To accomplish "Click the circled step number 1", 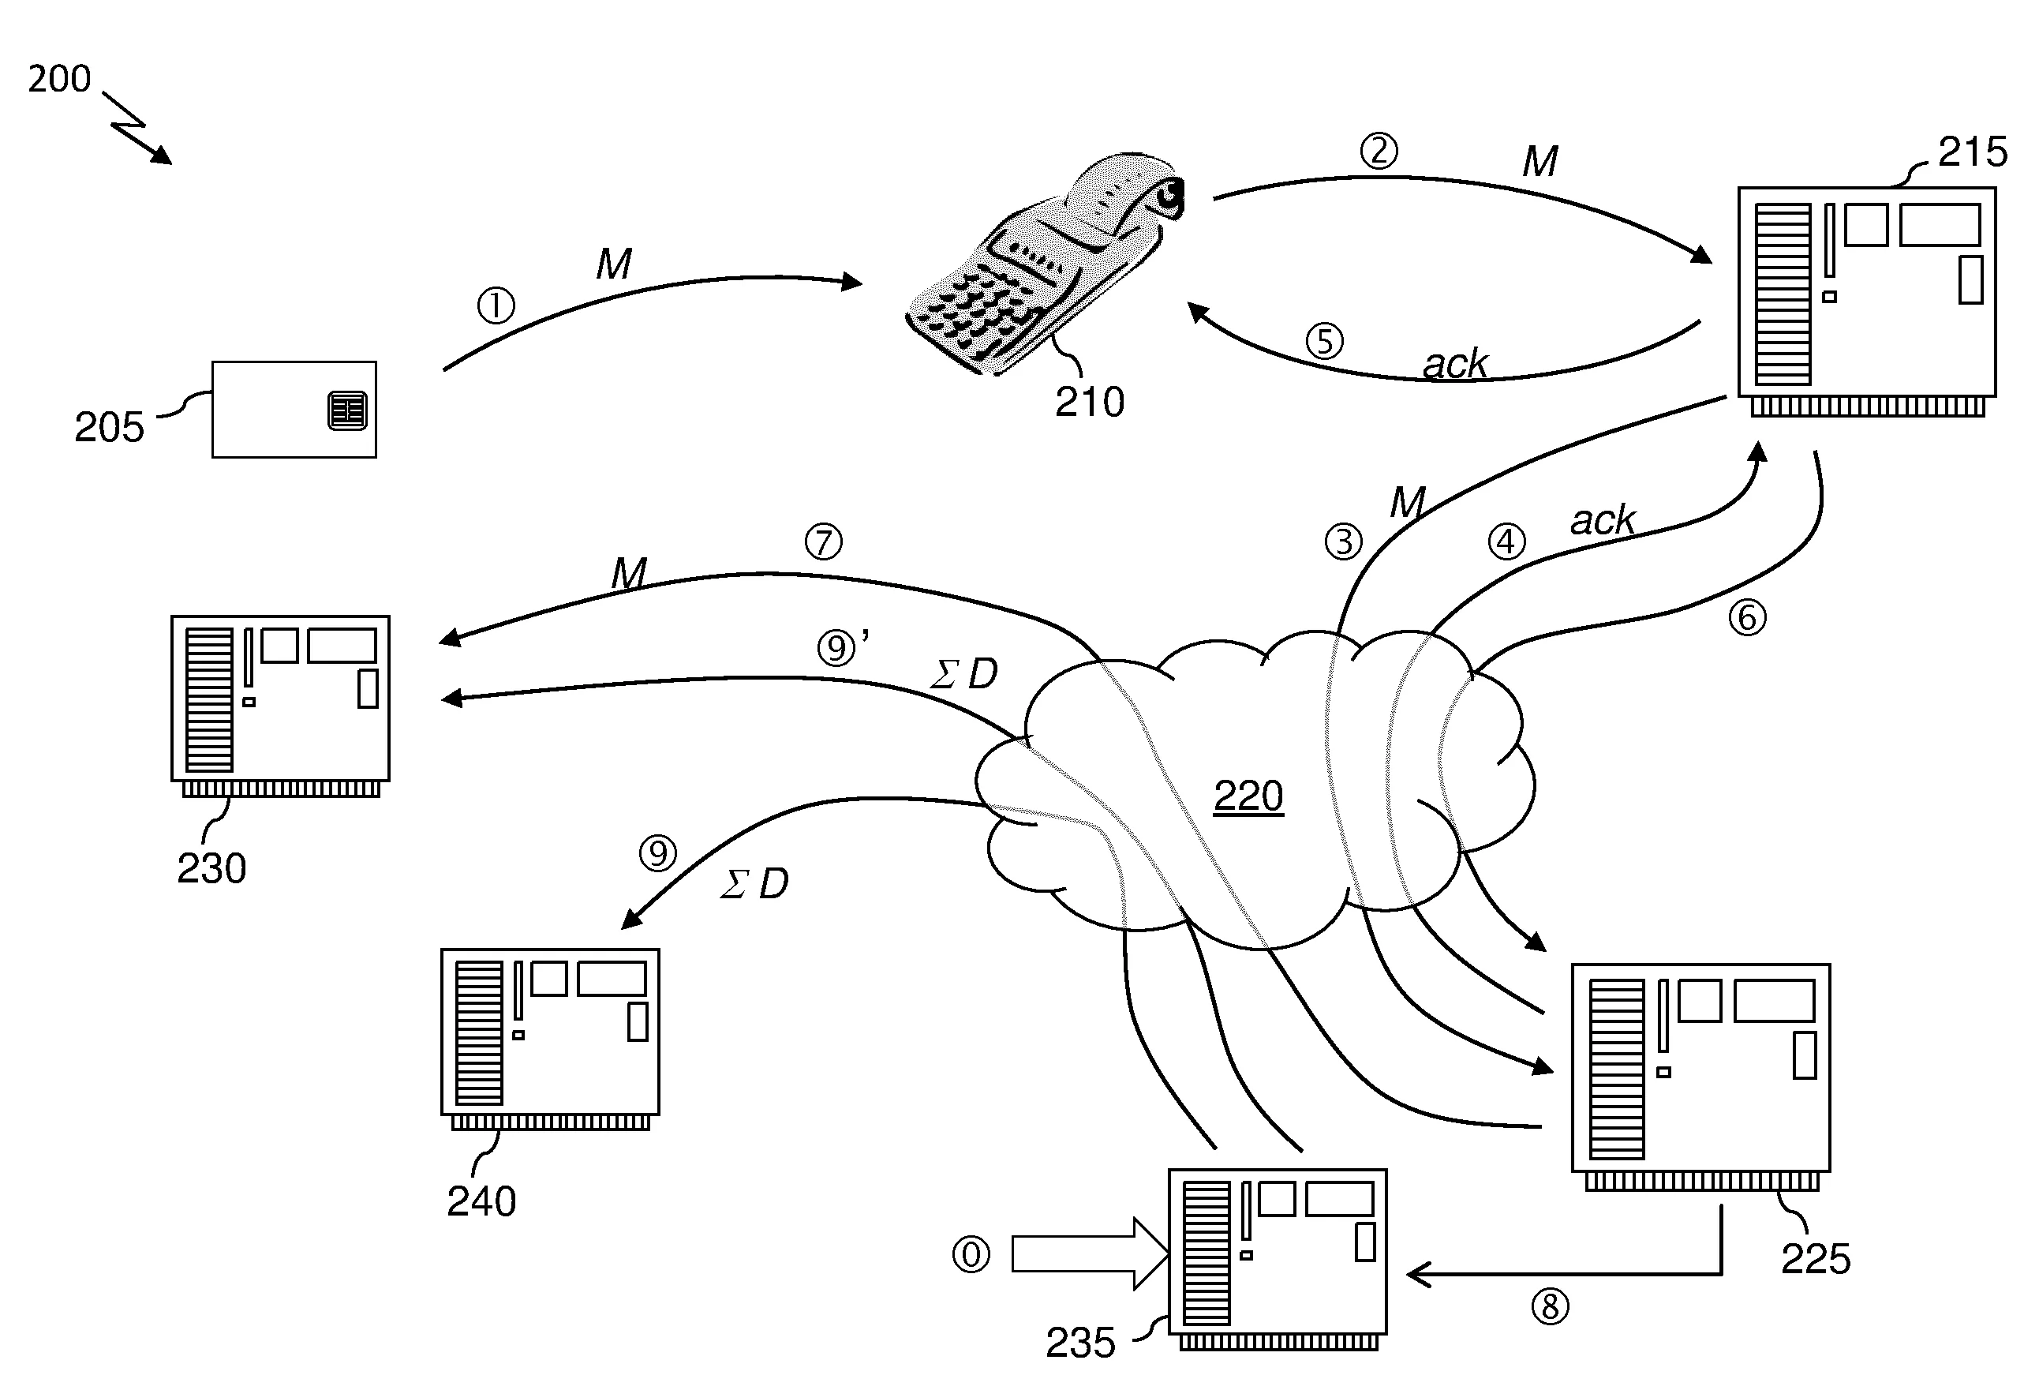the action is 496,305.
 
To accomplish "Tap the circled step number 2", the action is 1379,151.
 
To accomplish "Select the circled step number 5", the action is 1325,342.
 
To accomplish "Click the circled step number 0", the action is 971,1255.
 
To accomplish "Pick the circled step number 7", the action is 824,542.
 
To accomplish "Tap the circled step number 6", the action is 1747,618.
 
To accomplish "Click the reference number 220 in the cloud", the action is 1248,796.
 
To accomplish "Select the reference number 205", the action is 109,427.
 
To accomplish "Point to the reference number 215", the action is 1973,152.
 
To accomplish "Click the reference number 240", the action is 481,1201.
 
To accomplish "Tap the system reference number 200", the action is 59,78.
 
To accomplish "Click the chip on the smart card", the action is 347,410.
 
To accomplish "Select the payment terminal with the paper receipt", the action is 1043,263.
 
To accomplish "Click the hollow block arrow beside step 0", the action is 1090,1254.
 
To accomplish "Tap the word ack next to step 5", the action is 1455,363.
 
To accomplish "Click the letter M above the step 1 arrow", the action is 614,264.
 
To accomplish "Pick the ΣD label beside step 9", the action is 754,884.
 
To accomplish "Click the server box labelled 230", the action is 280,706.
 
